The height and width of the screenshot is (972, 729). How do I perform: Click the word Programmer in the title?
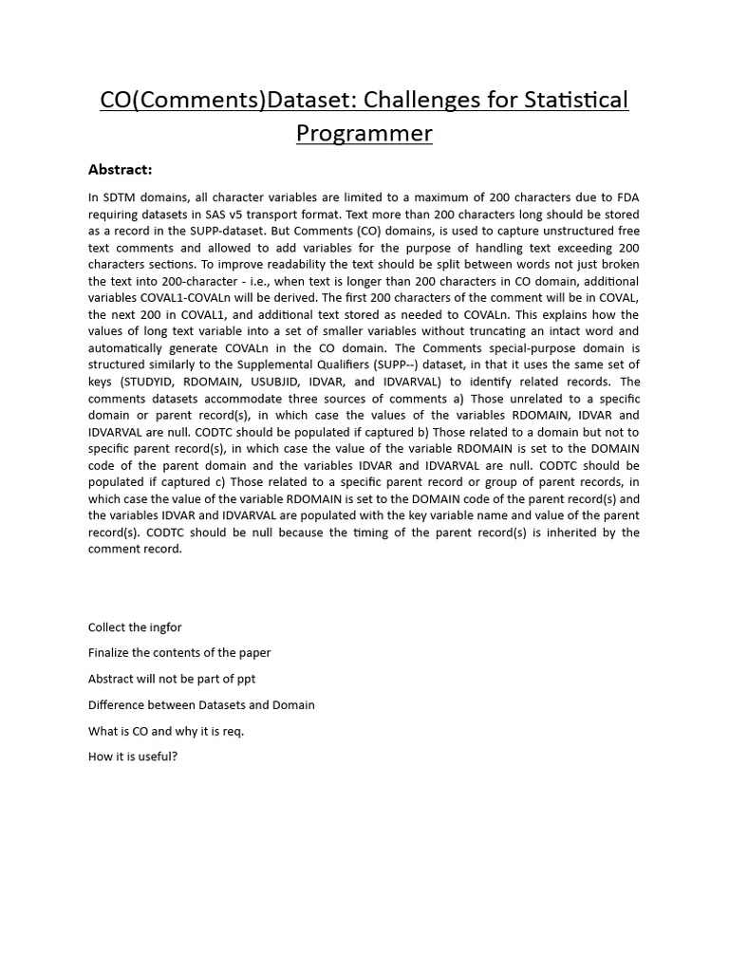tap(364, 134)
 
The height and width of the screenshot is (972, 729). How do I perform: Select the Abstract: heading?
tap(120, 170)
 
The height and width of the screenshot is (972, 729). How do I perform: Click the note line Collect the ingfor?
tap(135, 627)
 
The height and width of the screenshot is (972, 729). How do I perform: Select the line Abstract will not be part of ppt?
tap(172, 679)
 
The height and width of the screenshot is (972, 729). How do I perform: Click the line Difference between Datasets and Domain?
tap(201, 705)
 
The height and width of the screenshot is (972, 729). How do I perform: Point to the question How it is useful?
tap(133, 757)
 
